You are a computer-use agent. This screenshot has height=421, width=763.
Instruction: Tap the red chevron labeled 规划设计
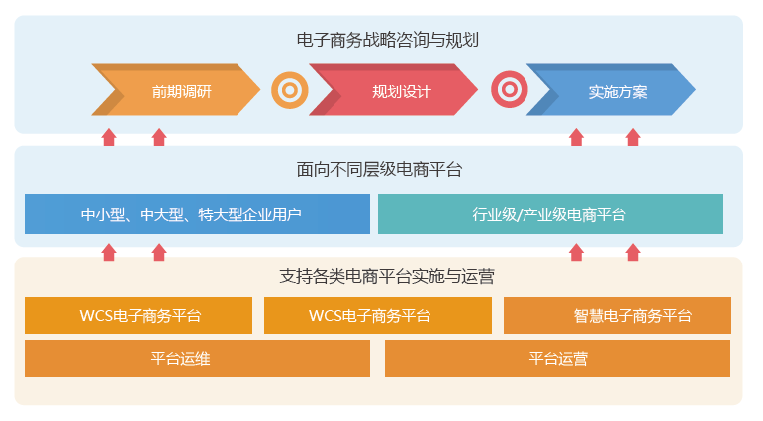pyautogui.click(x=396, y=91)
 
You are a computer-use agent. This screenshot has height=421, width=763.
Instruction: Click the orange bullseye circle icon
pyautogui.click(x=289, y=91)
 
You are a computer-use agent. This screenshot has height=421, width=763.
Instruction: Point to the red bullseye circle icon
pyautogui.click(x=509, y=91)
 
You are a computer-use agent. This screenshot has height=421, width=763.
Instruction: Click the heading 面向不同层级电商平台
pyautogui.click(x=379, y=170)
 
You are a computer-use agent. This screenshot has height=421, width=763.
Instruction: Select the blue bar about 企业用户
pyautogui.click(x=197, y=214)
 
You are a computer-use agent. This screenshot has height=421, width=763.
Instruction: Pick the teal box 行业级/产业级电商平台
pyautogui.click(x=550, y=214)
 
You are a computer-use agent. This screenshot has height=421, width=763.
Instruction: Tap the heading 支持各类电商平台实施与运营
pyautogui.click(x=379, y=277)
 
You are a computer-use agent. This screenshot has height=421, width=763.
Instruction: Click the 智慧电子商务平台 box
pyautogui.click(x=618, y=316)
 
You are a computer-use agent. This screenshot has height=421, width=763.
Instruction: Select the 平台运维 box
pyautogui.click(x=197, y=359)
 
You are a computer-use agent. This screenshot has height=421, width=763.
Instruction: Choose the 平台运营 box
pyautogui.click(x=557, y=359)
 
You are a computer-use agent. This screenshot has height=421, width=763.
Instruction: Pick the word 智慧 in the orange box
pyautogui.click(x=587, y=316)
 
